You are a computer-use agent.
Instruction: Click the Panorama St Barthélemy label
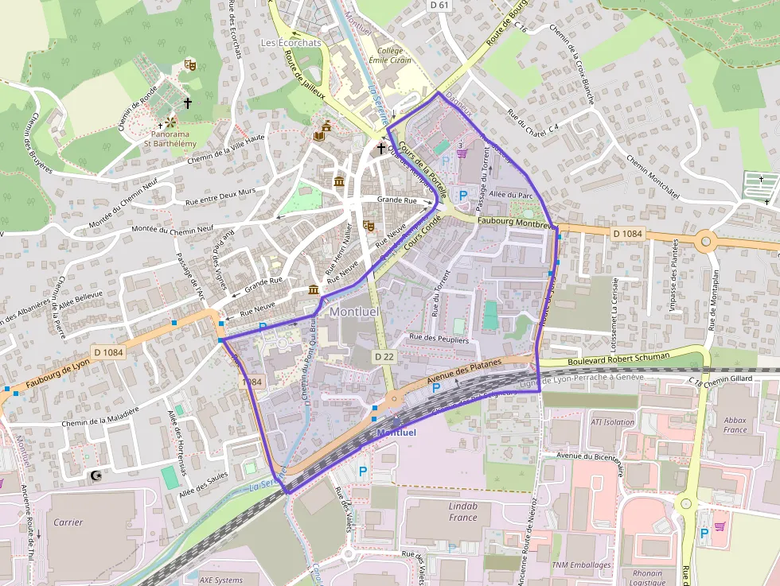[170, 138]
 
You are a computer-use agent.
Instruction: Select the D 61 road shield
[439, 6]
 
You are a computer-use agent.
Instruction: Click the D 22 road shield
[384, 357]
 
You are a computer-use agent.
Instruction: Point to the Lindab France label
[451, 511]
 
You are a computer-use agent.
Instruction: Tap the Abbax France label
[735, 425]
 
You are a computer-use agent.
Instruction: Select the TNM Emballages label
[581, 565]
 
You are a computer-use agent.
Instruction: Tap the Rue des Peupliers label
[439, 339]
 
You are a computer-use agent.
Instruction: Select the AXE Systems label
[221, 580]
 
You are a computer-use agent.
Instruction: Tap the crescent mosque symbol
[97, 475]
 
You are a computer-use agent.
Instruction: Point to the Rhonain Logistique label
[647, 578]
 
